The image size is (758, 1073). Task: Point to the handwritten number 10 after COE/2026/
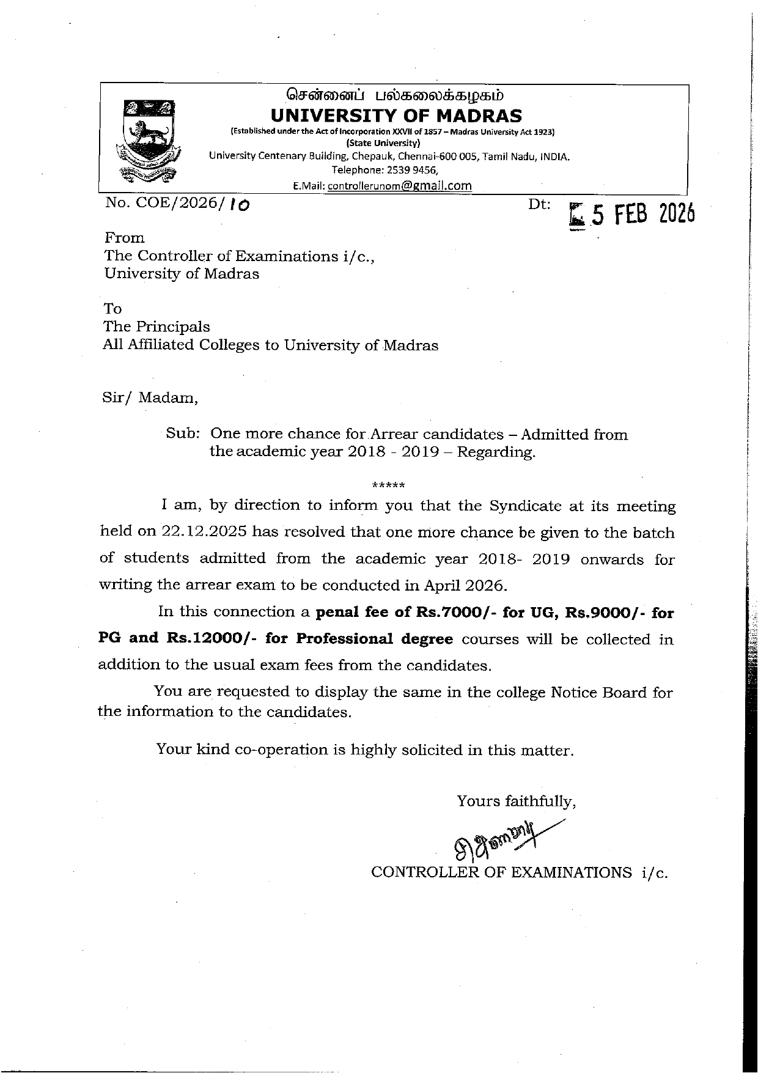240,206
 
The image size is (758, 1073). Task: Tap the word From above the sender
125,238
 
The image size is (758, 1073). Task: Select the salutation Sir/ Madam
150,398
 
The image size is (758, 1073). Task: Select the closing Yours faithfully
516,801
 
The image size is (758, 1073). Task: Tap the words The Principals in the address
156,326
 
